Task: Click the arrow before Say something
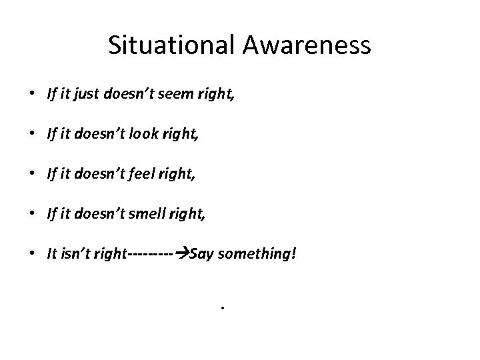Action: point(181,254)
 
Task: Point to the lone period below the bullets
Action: point(220,309)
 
